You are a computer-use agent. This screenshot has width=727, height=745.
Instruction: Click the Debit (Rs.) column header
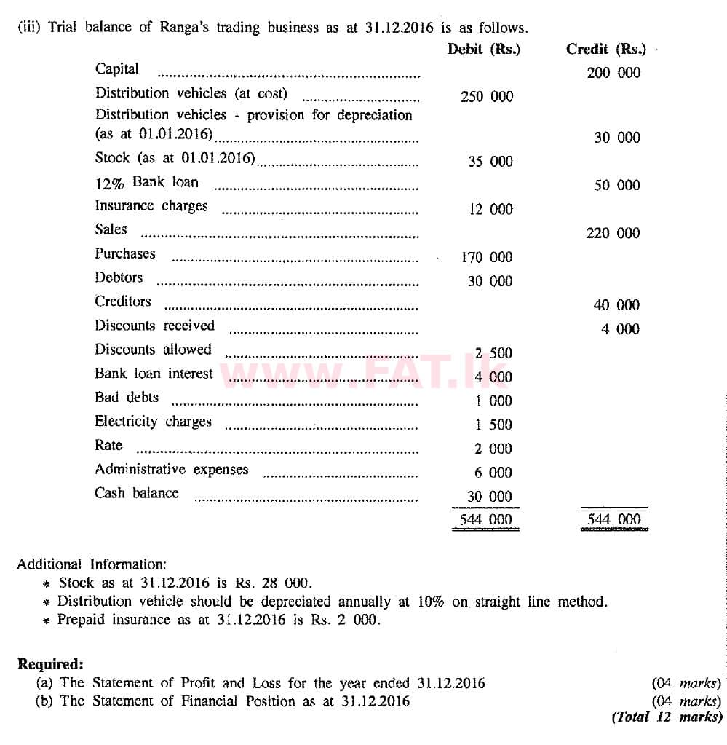click(484, 49)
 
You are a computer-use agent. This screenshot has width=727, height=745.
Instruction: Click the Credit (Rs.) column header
click(605, 49)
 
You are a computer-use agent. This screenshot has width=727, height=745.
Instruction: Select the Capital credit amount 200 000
click(613, 73)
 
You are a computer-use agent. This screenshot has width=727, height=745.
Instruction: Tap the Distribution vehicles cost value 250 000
click(487, 97)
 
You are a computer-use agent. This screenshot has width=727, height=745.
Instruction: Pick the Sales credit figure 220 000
click(613, 233)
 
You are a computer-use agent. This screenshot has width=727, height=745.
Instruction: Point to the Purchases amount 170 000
click(487, 257)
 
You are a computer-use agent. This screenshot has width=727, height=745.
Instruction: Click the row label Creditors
click(123, 301)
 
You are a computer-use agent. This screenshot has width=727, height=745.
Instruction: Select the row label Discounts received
click(154, 326)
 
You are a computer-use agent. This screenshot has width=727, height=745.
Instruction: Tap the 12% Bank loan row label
click(146, 182)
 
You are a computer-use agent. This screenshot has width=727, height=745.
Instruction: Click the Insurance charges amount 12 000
click(490, 210)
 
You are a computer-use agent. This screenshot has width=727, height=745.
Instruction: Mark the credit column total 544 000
click(614, 520)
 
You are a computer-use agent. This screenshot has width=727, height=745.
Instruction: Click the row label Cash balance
click(136, 493)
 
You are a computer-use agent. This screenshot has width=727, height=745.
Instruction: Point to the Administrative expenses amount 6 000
click(493, 473)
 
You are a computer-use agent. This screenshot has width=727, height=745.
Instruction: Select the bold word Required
click(50, 664)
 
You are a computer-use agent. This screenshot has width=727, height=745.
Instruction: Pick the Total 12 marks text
click(667, 717)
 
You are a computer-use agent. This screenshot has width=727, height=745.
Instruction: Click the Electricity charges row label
click(153, 422)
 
